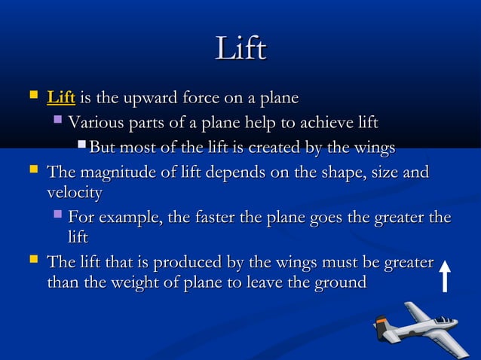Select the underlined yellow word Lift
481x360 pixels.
[x=61, y=98]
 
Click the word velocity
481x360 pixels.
[x=74, y=193]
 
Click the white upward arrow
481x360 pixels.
[x=446, y=276]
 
